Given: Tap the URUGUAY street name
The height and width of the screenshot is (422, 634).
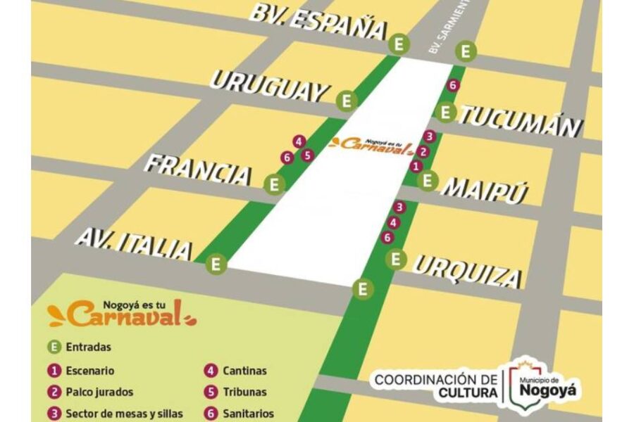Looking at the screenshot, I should point(270,86).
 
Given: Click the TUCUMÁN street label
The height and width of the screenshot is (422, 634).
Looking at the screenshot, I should point(522,121).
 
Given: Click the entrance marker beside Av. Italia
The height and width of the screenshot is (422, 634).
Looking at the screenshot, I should point(216,264).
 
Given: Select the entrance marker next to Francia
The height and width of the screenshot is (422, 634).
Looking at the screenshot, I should point(275,185).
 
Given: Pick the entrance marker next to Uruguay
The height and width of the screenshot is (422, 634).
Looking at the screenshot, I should point(346,101).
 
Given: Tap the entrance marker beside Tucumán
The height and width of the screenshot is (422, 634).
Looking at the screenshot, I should point(445,111).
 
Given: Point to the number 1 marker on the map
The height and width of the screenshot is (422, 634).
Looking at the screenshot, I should point(416,166).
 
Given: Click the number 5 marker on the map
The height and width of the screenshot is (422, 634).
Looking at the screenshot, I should point(307,155).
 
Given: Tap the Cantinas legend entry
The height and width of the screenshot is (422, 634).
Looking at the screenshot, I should point(237,371).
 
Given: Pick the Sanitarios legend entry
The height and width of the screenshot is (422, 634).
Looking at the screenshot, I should point(240,414).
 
